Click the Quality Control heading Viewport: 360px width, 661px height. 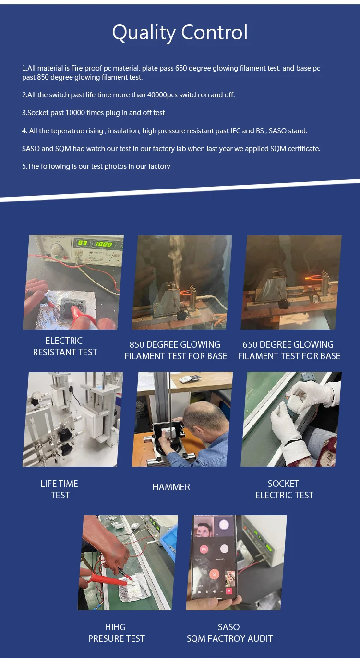point(180,33)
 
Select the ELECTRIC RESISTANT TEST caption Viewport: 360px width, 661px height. point(65,346)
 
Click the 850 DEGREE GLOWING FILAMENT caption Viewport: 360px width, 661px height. point(176,350)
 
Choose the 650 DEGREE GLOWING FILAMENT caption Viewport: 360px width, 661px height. point(289,350)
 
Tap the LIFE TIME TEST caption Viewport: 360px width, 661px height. point(60,489)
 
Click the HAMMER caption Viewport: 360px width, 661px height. point(171,487)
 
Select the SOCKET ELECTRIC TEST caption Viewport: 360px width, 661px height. point(284,489)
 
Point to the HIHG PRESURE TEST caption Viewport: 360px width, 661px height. point(116,633)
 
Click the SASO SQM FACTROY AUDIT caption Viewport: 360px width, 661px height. point(229,633)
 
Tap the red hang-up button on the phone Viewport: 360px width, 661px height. point(229,591)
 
